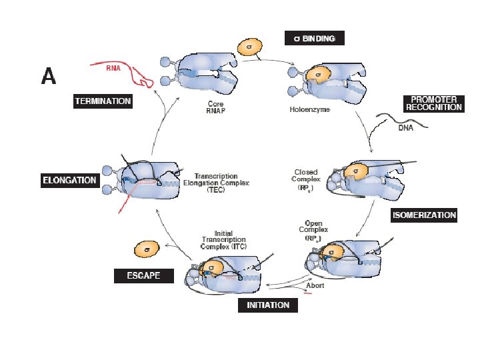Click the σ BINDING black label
click(x=315, y=39)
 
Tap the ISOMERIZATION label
click(x=424, y=215)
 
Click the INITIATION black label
click(x=268, y=305)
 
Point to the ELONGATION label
click(x=70, y=180)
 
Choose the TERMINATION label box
click(x=103, y=101)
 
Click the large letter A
click(x=49, y=77)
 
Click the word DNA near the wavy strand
click(x=405, y=128)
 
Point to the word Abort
click(x=315, y=285)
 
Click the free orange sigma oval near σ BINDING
click(x=249, y=47)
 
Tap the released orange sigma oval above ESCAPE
click(x=146, y=249)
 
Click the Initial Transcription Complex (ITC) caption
click(x=223, y=240)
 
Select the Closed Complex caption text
click(x=307, y=179)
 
